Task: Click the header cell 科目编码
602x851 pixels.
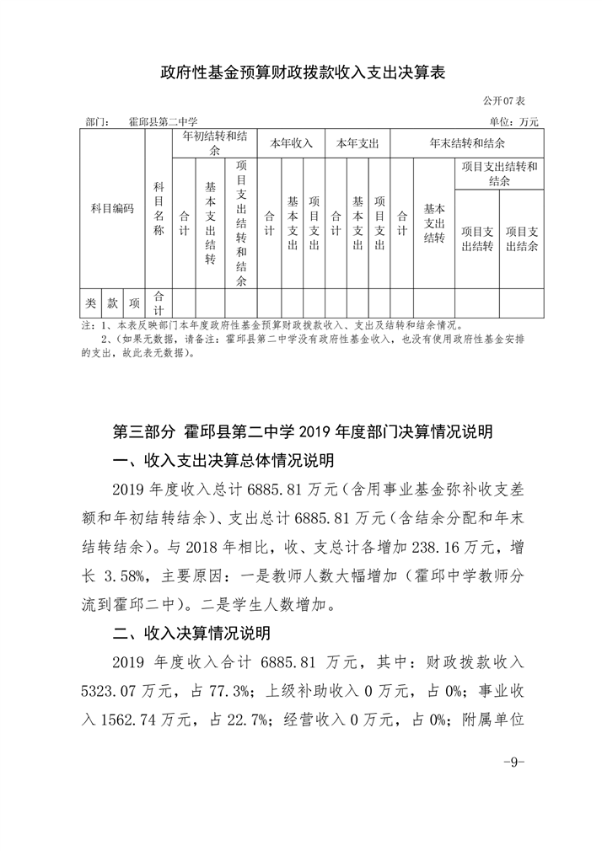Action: [112, 208]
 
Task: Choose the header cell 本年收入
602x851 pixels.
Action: [291, 143]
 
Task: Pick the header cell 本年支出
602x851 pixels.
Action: [357, 143]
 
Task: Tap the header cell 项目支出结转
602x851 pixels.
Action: [477, 238]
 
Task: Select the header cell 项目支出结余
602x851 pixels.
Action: [522, 238]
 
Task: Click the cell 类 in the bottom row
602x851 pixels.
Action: [90, 302]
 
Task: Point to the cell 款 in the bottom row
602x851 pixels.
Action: [112, 302]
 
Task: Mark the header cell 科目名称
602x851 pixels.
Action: [159, 208]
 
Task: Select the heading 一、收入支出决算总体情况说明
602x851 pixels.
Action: [223, 461]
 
